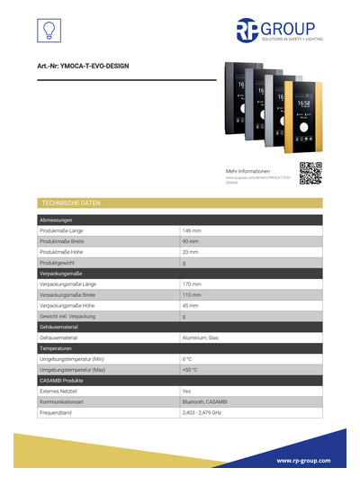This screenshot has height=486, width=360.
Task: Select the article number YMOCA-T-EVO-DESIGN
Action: point(88,67)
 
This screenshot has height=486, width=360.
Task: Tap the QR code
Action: point(310,172)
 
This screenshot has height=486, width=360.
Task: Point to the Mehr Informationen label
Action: point(247,171)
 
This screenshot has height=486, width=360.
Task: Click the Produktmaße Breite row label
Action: point(67,242)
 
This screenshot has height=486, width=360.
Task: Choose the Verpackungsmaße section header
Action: point(61,274)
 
